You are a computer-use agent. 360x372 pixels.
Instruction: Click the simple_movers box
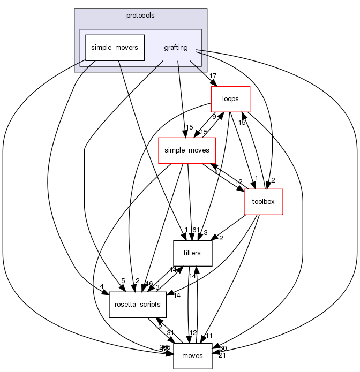coord(115,48)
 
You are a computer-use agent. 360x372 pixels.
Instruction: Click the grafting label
coord(176,48)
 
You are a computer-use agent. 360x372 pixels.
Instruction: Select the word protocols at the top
coord(140,15)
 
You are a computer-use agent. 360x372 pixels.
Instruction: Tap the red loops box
coord(231,99)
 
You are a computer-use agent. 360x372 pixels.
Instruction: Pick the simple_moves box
coord(187,150)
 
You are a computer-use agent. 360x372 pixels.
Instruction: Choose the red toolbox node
coord(264,202)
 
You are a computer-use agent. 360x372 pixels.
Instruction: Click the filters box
coord(193,253)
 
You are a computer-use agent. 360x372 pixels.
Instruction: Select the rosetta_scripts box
coord(138,305)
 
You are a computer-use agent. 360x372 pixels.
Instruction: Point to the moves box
coord(193,356)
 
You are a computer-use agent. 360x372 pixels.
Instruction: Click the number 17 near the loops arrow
coord(213,75)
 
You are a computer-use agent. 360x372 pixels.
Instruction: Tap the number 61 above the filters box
coord(196,230)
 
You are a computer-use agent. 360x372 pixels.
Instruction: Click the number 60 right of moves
coord(223,348)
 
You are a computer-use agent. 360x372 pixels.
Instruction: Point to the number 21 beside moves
coord(222,356)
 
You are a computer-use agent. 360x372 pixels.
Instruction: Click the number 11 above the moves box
coord(209,336)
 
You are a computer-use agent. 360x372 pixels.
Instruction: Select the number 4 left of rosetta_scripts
coord(102,285)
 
